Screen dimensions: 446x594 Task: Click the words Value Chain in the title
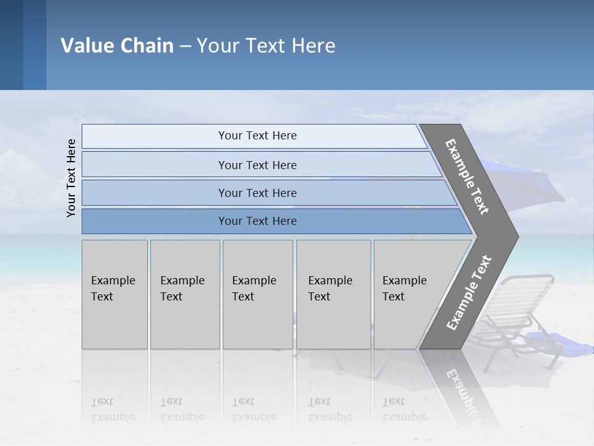tap(117, 46)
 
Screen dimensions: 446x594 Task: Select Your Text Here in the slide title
tap(266, 46)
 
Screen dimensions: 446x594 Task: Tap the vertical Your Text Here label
tap(71, 178)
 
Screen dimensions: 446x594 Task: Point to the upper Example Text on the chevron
tap(467, 177)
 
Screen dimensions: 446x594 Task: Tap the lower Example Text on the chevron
tap(469, 293)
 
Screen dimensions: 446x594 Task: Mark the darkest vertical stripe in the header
tap(11, 45)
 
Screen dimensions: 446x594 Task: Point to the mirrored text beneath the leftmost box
tap(113, 409)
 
